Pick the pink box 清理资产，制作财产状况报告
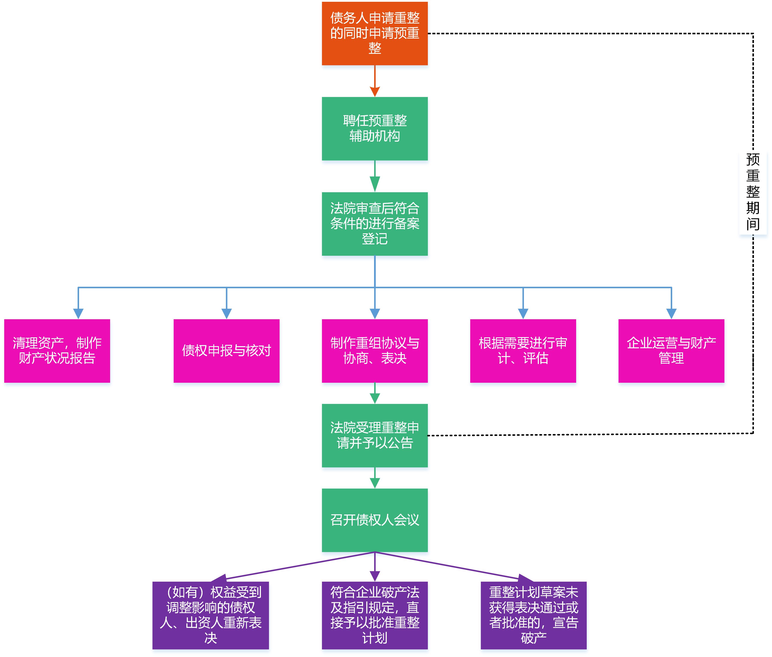[57, 351]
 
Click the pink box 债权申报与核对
[226, 351]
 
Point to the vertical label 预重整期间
[753, 192]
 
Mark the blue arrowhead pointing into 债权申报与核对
[226, 313]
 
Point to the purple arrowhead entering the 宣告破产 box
[525, 578]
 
